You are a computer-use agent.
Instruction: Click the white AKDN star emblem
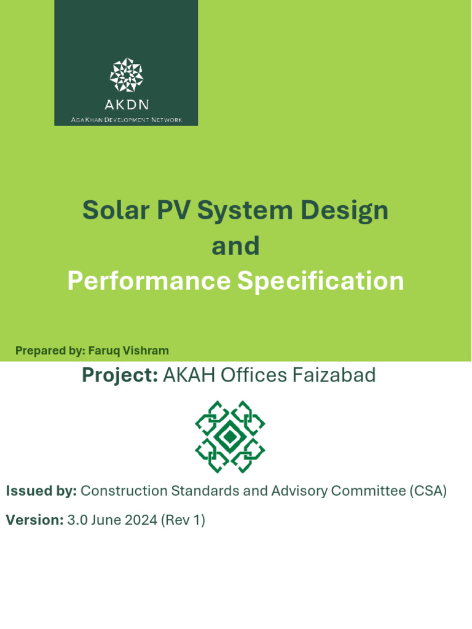[126, 74]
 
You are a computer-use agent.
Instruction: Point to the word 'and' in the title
[235, 246]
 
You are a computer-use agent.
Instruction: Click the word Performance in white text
[148, 281]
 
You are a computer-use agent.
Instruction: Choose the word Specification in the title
[320, 281]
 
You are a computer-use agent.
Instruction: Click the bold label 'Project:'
[120, 375]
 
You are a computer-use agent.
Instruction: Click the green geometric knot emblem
[230, 437]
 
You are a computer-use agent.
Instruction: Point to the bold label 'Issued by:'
[41, 491]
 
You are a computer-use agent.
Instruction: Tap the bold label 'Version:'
[34, 520]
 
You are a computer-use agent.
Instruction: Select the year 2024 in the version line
[140, 520]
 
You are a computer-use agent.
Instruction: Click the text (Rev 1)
[183, 520]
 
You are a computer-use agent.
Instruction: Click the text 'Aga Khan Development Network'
[126, 119]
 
